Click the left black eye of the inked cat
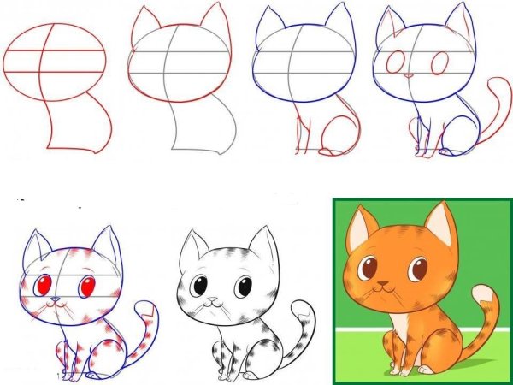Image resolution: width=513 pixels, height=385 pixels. pos(201,286)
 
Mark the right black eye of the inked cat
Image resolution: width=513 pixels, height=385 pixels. pos(244,287)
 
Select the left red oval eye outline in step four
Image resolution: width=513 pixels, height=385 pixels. pos(396,62)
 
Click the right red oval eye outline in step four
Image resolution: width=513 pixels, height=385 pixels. pos(440,64)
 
